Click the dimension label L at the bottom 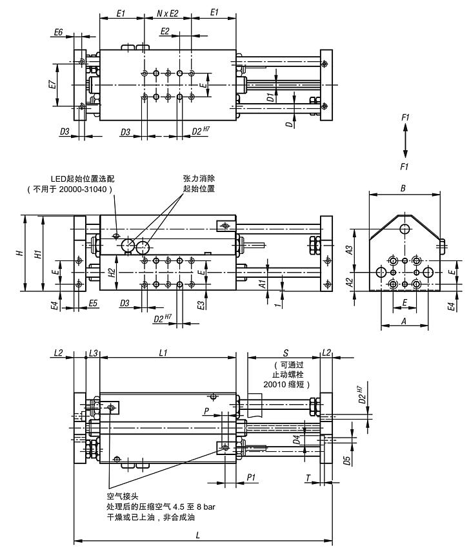(197, 535)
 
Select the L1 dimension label (163, 353)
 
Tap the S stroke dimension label (286, 353)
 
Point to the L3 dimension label (93, 353)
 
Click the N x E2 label (168, 14)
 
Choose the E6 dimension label (58, 32)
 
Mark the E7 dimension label (52, 84)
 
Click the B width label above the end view (403, 188)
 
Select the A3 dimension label (349, 249)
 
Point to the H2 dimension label (112, 272)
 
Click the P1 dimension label (251, 477)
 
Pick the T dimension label (308, 478)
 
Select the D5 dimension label (347, 460)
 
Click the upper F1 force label (405, 117)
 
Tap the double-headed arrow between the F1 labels (406, 141)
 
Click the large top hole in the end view (404, 229)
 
